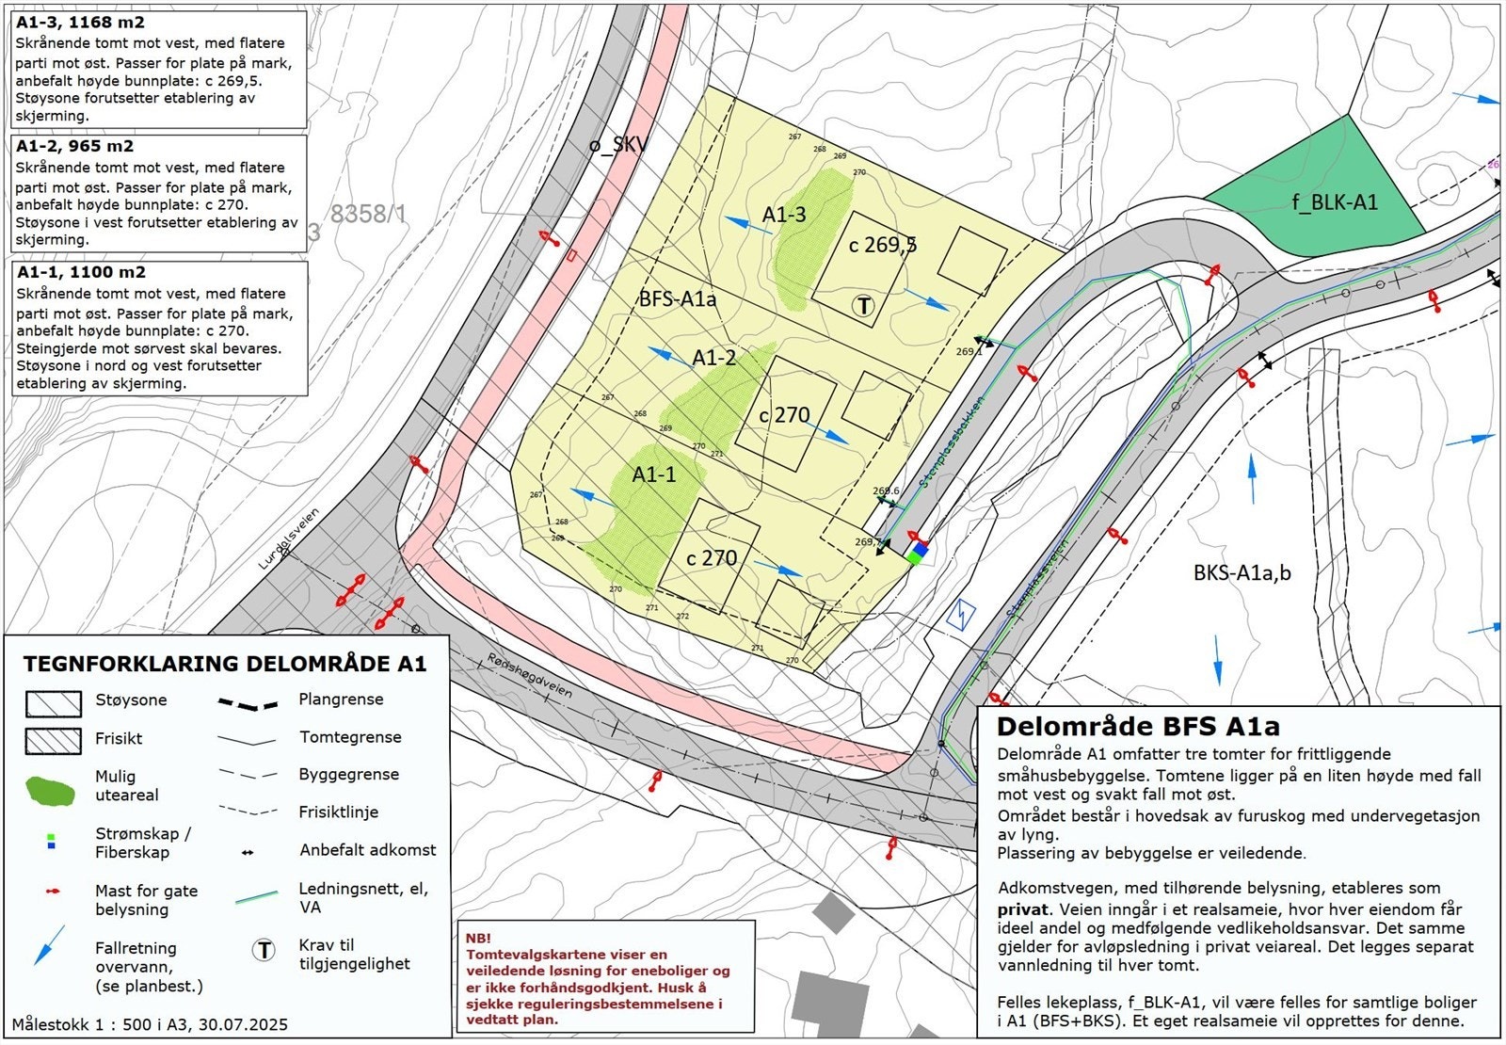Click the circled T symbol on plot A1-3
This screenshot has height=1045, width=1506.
(x=863, y=305)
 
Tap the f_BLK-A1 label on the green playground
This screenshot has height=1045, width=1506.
(x=1335, y=201)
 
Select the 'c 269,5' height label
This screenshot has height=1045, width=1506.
(x=882, y=245)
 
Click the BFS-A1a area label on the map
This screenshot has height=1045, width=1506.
(x=678, y=299)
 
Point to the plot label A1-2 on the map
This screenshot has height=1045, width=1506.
(x=714, y=358)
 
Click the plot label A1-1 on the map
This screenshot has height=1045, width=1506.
(x=654, y=474)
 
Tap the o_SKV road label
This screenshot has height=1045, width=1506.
(x=618, y=145)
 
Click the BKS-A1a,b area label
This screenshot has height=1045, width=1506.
(x=1242, y=572)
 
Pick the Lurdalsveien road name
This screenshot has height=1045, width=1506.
(x=289, y=539)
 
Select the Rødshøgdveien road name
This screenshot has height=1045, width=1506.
(x=530, y=675)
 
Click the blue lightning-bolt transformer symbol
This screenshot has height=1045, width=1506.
(x=960, y=615)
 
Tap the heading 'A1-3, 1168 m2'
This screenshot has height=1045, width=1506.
(x=80, y=22)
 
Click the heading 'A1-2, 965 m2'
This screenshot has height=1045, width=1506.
(x=74, y=146)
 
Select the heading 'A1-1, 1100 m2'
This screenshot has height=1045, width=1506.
(x=80, y=272)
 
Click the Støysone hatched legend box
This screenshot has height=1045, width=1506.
(x=53, y=702)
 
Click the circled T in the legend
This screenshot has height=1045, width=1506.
(x=264, y=951)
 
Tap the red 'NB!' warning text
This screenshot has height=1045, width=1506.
(x=478, y=939)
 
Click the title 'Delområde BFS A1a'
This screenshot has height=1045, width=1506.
(x=1138, y=727)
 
